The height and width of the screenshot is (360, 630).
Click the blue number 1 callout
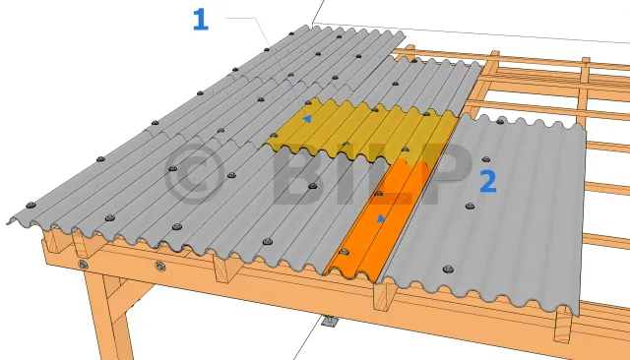point(201,20)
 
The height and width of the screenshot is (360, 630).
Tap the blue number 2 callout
point(488,182)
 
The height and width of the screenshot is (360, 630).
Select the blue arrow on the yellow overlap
point(307,119)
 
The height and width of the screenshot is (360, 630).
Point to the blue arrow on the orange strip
point(381,218)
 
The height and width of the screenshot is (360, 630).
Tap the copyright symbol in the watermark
point(194,173)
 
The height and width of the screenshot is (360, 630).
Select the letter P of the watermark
point(446,173)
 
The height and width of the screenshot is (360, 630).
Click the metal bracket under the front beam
point(330,322)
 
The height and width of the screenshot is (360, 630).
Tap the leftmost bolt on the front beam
point(83,265)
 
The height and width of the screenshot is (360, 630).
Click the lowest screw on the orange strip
point(344,252)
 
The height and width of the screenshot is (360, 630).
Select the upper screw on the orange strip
point(378,194)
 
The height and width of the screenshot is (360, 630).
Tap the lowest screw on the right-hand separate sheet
point(448,269)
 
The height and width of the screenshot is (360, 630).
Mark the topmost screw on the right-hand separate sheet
point(500,120)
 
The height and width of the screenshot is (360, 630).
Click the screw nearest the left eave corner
point(31,206)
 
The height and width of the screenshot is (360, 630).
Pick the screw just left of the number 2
point(470,207)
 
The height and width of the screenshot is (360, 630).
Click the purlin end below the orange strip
point(384,296)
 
